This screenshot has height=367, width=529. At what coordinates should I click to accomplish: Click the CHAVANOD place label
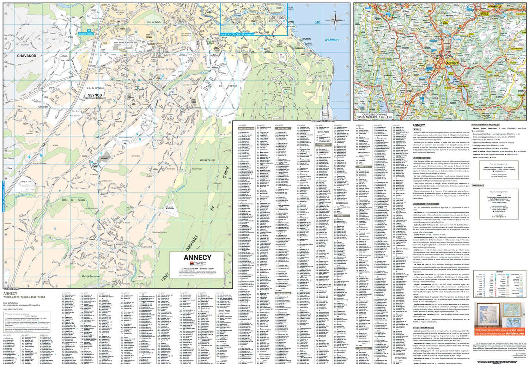click(26, 56)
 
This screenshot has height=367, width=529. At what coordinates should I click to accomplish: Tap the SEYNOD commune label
click(95, 95)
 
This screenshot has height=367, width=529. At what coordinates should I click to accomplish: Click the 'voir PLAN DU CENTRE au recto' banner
click(237, 34)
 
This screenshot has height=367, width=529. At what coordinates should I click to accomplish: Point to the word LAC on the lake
click(317, 22)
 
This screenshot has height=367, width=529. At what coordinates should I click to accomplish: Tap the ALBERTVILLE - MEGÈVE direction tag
click(323, 121)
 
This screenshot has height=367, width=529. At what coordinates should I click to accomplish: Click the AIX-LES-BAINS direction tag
click(11, 289)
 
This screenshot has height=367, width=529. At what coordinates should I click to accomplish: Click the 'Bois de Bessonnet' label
click(91, 276)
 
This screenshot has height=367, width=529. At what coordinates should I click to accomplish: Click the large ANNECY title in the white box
click(197, 258)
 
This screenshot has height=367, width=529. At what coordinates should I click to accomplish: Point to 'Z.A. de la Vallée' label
click(95, 88)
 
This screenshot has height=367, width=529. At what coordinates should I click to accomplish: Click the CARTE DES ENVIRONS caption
click(375, 115)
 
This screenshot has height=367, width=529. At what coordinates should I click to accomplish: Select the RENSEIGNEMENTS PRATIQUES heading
click(485, 125)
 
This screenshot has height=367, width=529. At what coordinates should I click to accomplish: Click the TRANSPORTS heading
click(478, 185)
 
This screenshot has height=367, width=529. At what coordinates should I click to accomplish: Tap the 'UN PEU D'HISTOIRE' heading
click(421, 158)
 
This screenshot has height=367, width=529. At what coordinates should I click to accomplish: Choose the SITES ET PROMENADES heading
click(423, 328)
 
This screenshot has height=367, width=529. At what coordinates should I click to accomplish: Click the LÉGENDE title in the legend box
click(500, 272)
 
